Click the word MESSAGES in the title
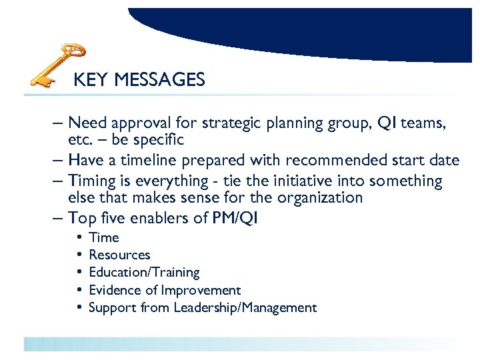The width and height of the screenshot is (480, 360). (x=159, y=81)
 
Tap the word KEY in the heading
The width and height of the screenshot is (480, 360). (x=91, y=81)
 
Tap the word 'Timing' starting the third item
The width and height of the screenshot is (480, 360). (x=91, y=181)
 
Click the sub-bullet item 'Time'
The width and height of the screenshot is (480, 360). (x=104, y=237)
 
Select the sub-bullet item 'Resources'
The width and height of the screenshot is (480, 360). (x=119, y=255)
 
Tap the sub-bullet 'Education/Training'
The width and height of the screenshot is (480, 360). (x=144, y=272)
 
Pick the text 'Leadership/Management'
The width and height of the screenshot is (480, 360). (x=245, y=307)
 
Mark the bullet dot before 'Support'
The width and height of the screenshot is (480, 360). (x=79, y=307)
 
